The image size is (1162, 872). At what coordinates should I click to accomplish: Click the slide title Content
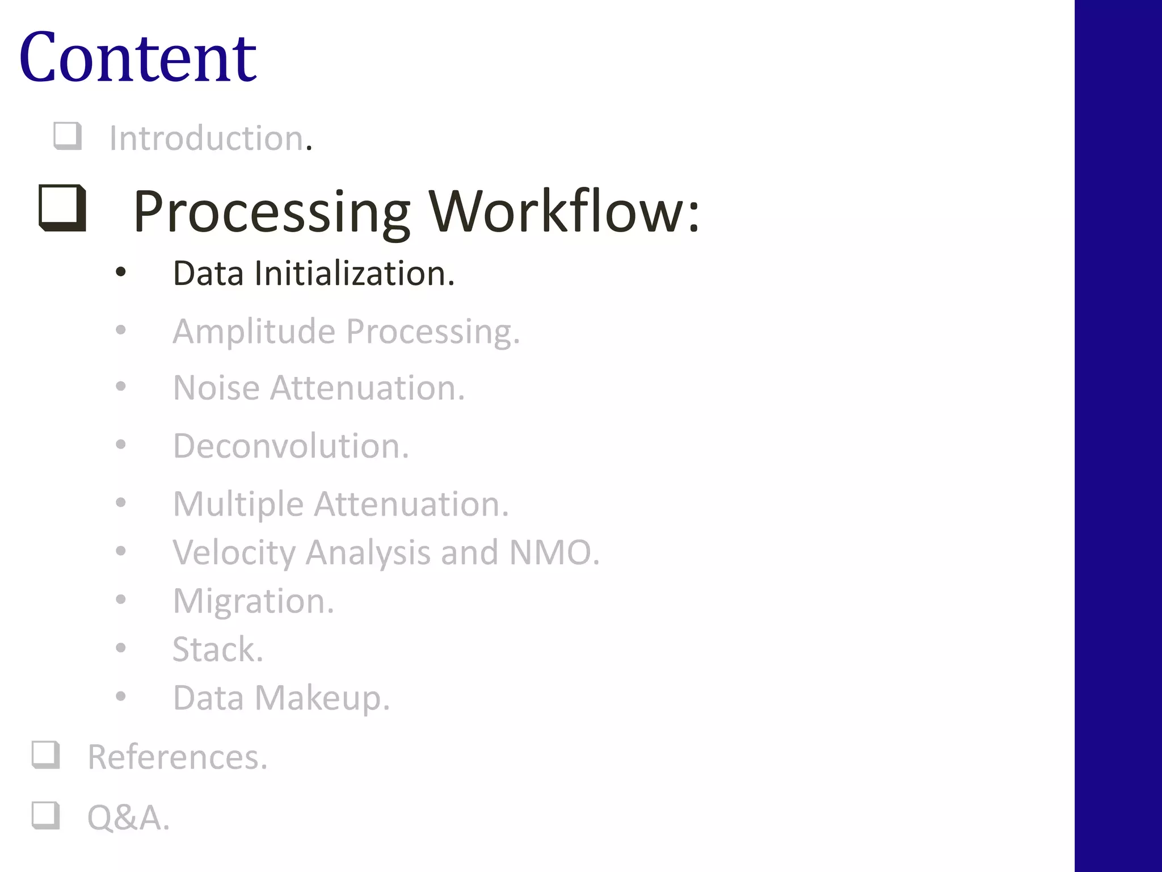coord(138,58)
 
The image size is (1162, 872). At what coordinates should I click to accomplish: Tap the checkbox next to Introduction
coord(68,136)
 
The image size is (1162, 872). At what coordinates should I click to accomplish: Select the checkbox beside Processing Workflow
coord(62,208)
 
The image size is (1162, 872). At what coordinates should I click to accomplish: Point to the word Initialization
coord(354,274)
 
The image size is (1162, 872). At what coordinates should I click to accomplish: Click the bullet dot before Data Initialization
coord(120,272)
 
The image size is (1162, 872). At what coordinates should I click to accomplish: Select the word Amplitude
coord(254,331)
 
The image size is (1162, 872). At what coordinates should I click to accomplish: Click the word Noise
coord(216,388)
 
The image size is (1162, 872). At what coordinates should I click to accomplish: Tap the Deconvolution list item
coord(290,446)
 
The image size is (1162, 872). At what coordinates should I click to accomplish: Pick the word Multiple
coord(238,504)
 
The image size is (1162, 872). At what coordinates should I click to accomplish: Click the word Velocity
coord(234,552)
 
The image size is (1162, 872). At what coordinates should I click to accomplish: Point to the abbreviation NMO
coord(554,552)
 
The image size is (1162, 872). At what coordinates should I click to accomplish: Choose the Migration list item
coord(253,601)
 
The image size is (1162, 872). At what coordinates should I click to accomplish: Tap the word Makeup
coord(322,698)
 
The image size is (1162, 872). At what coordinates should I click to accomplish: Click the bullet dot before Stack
coord(120,648)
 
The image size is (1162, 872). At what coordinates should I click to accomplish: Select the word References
coord(177,757)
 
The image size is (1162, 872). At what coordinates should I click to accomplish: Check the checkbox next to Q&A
coord(46,815)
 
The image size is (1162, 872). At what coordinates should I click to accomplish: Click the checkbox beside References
coord(46,755)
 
